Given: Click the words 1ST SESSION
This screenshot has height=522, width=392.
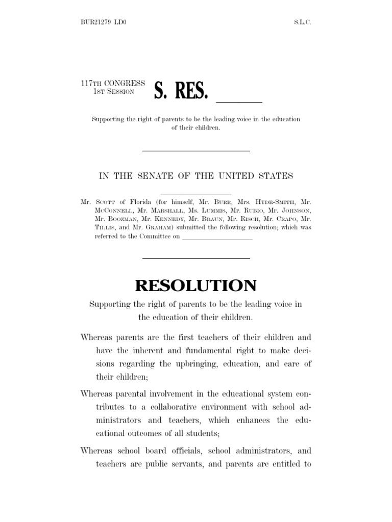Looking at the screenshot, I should point(113,91).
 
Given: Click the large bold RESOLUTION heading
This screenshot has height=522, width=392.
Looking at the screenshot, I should point(196,285).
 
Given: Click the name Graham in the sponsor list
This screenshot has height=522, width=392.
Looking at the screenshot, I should point(158,228).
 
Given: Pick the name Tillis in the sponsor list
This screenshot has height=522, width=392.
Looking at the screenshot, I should point(105,228).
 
